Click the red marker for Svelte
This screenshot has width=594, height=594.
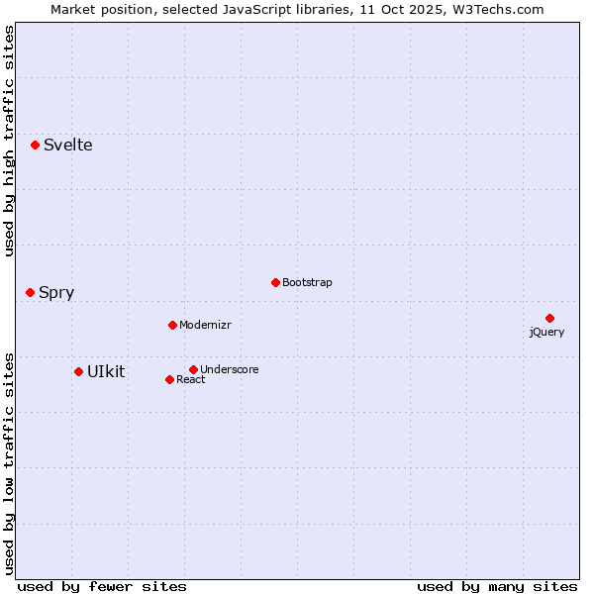point(35,145)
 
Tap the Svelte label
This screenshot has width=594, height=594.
point(67,145)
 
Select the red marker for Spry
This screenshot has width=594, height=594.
point(30,292)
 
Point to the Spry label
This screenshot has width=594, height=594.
point(56,293)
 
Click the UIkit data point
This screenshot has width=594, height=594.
point(78,371)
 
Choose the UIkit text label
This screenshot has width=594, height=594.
point(106,371)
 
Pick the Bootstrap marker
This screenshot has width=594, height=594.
point(275,282)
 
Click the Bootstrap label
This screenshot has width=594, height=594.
point(307,282)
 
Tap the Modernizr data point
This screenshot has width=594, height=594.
point(172,325)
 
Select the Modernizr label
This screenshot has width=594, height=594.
point(205,325)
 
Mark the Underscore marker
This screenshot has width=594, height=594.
point(193,369)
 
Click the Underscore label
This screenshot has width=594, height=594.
point(229,369)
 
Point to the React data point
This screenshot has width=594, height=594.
point(169,379)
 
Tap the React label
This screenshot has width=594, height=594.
point(191,380)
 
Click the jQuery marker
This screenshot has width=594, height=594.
point(549,318)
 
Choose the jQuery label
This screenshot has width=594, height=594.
point(546,332)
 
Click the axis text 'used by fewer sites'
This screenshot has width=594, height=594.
point(102,586)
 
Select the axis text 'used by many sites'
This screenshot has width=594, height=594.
point(497,586)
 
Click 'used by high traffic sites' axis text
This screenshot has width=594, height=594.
point(10,141)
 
